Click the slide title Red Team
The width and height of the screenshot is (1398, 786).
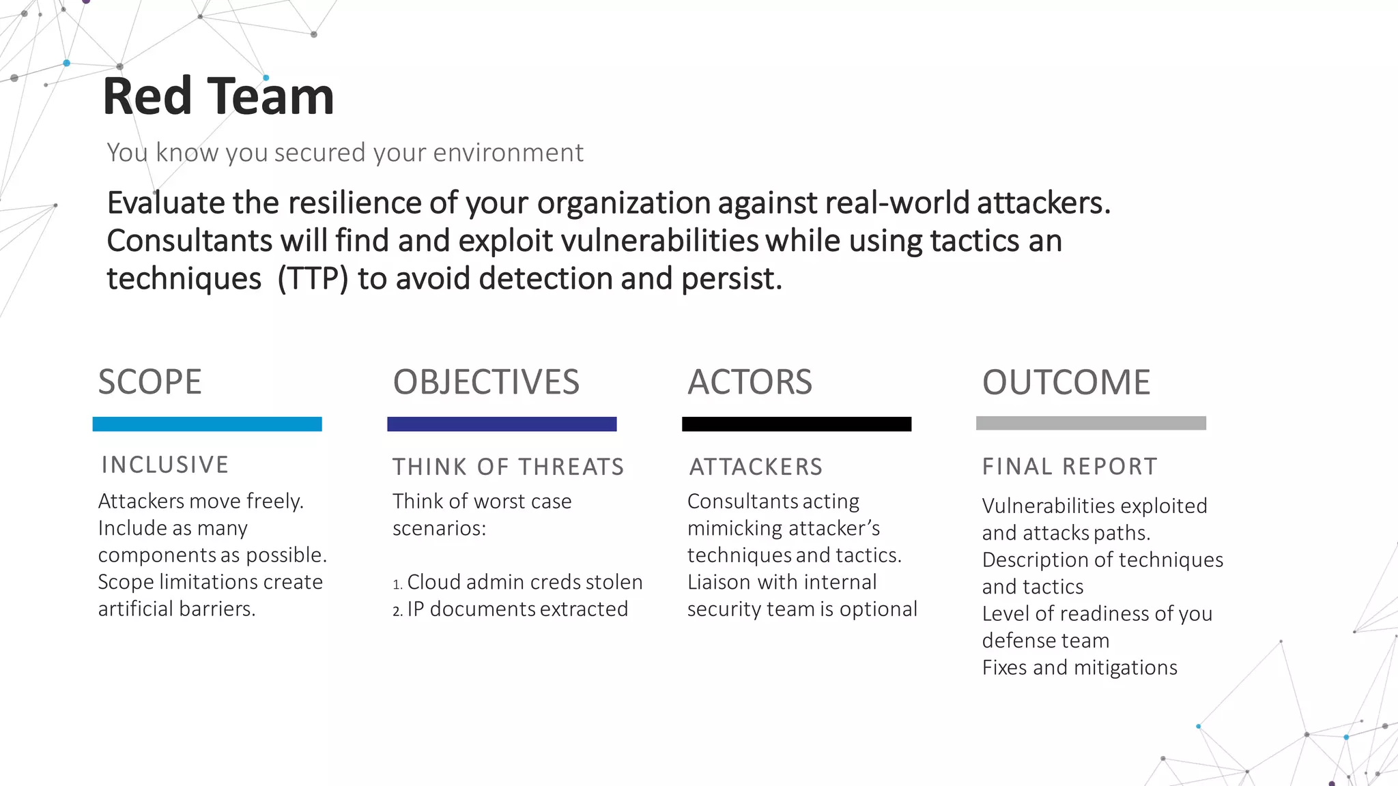[x=218, y=96]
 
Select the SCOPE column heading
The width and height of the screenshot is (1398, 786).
[x=149, y=382]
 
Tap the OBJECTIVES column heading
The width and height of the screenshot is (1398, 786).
[x=486, y=382]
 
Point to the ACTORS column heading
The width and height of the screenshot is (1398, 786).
[x=750, y=382]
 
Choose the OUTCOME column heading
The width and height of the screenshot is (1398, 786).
[x=1066, y=382]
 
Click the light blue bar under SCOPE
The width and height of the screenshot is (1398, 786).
[x=207, y=424]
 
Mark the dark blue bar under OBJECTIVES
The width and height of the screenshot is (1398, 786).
[x=502, y=424]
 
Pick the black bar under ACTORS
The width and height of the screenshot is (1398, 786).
[x=797, y=424]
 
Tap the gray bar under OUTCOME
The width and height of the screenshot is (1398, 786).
[x=1091, y=423]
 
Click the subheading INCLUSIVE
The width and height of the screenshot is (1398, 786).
[x=165, y=465]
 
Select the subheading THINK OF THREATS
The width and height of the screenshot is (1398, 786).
[x=509, y=467]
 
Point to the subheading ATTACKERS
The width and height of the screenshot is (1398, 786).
[x=756, y=467]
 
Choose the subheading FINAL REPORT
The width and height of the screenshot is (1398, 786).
[x=1070, y=467]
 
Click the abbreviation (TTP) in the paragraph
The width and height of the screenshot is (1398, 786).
[x=313, y=279]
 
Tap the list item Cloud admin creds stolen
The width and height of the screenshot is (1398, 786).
[x=524, y=582]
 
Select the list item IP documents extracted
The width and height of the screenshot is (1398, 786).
[x=517, y=609]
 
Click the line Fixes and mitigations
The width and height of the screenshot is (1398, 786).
[x=1079, y=667]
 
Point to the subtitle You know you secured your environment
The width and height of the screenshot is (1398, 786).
[x=345, y=153]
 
